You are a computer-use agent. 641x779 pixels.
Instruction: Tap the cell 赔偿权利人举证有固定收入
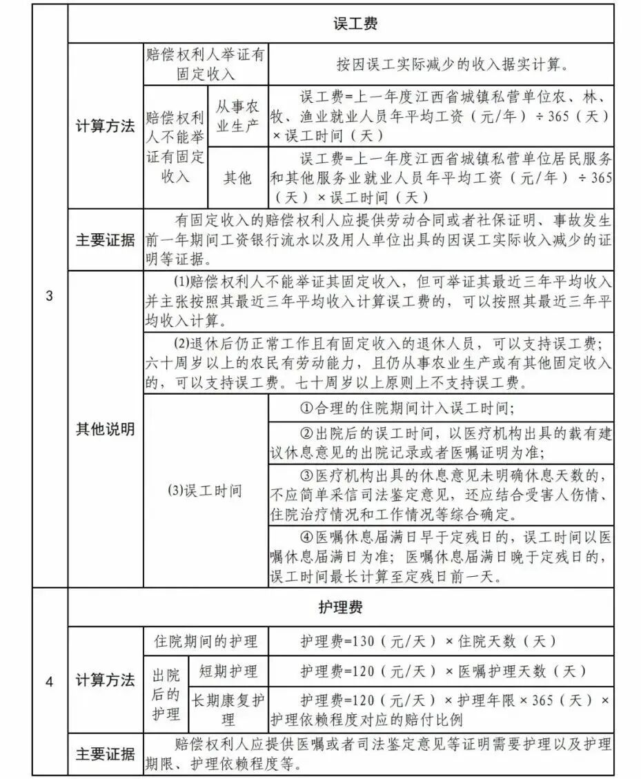coord(206,63)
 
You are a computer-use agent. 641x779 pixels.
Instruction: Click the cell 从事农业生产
coord(237,115)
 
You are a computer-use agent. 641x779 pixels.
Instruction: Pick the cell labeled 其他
coord(237,178)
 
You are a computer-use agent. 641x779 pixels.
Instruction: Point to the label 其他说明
coord(105,428)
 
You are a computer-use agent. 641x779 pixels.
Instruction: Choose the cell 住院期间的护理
coord(206,641)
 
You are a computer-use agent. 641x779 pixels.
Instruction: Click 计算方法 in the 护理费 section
coord(105,680)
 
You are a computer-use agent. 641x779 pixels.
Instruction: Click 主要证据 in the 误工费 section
coord(105,240)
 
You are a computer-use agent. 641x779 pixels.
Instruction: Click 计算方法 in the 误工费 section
coord(105,127)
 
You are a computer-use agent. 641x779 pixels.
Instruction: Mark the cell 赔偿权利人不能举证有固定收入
coord(175,146)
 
